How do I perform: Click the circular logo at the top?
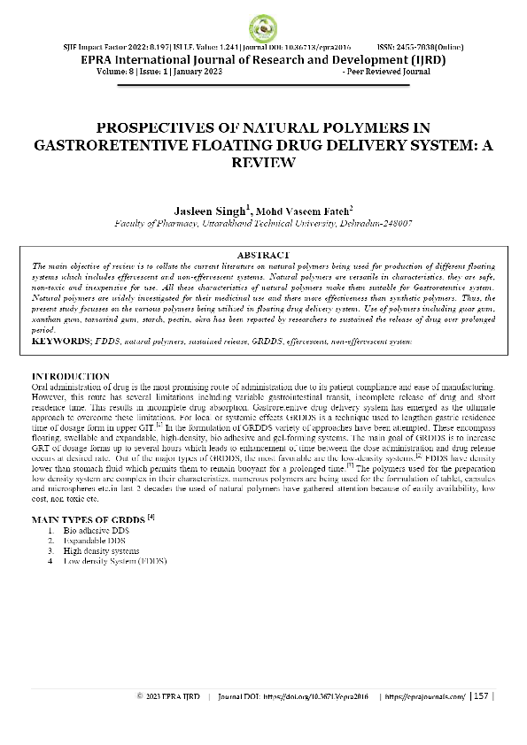pyautogui.click(x=263, y=27)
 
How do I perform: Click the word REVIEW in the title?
pyautogui.click(x=263, y=163)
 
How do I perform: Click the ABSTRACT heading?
pyautogui.click(x=263, y=253)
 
